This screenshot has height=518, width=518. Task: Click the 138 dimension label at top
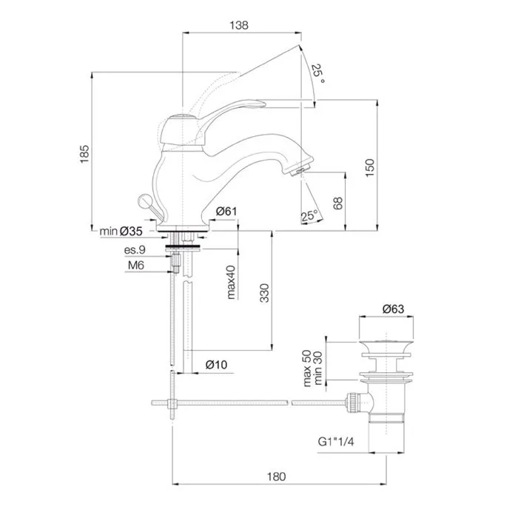pyautogui.click(x=239, y=25)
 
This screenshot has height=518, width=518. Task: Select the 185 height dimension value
pyautogui.click(x=84, y=154)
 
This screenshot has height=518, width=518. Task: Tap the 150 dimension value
pyautogui.click(x=370, y=167)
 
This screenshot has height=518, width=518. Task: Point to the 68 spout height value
pyautogui.click(x=338, y=203)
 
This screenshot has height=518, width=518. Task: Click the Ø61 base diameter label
pyautogui.click(x=226, y=211)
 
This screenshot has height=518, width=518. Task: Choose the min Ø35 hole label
pyautogui.click(x=121, y=231)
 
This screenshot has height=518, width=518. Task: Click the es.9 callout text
pyautogui.click(x=135, y=250)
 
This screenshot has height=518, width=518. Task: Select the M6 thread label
pyautogui.click(x=136, y=265)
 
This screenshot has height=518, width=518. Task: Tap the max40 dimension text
pyautogui.click(x=231, y=282)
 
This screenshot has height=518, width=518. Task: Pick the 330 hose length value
pyautogui.click(x=264, y=293)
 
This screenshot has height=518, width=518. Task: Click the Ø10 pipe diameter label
pyautogui.click(x=216, y=365)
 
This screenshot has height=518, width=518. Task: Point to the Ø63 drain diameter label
pyautogui.click(x=393, y=309)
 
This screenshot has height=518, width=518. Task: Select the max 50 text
pyautogui.click(x=307, y=369)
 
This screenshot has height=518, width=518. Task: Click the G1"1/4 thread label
pyautogui.click(x=336, y=442)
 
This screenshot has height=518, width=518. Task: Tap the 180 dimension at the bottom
pyautogui.click(x=276, y=477)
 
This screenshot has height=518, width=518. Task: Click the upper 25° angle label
pyautogui.click(x=317, y=73)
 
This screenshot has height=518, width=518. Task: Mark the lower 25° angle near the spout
pyautogui.click(x=309, y=215)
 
